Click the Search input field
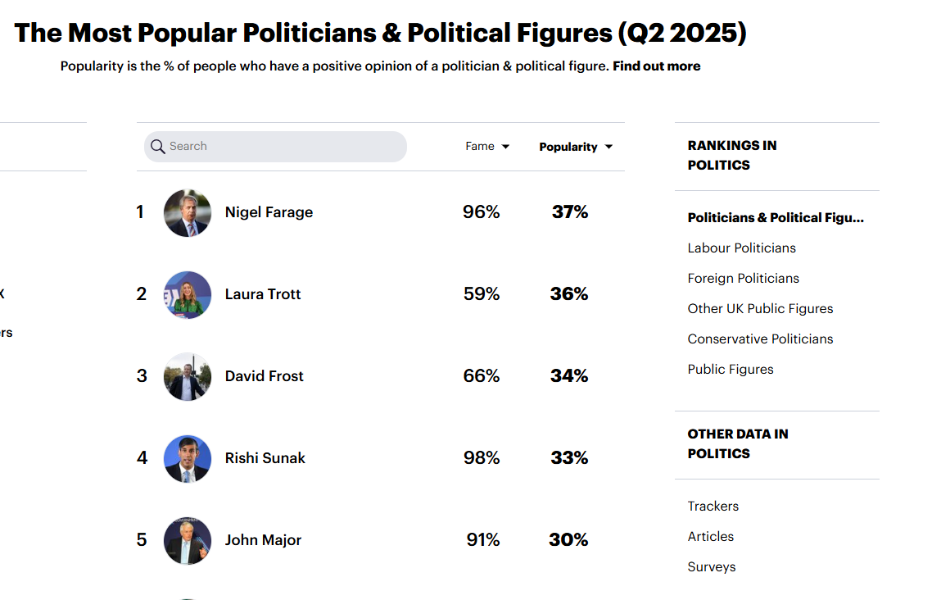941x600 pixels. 275,147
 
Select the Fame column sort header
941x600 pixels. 487,147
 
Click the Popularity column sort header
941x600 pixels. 576,148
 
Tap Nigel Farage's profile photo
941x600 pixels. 188,212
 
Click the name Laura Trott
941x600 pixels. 263,294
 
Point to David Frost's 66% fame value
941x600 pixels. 482,376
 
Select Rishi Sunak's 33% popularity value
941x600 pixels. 569,457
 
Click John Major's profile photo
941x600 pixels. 188,540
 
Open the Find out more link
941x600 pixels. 657,66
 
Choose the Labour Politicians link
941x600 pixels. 742,248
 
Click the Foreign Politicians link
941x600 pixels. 744,278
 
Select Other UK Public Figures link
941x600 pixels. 760,309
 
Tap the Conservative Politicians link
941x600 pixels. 760,339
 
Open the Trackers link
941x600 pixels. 713,507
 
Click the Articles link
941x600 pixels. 711,536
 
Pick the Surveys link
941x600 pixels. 712,567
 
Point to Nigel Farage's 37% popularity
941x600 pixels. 570,212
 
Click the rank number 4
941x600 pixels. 142,457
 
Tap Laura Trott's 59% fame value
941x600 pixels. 482,293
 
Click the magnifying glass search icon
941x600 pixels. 158,147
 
